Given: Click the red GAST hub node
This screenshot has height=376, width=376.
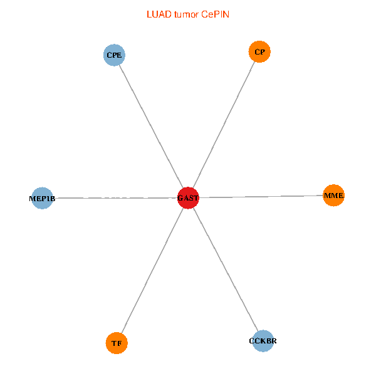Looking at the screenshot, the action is [x=188, y=198].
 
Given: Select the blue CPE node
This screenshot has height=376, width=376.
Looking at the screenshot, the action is [x=114, y=55].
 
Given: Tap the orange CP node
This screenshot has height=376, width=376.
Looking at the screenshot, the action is [x=259, y=51].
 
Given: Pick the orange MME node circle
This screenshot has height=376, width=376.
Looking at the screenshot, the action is [x=333, y=196].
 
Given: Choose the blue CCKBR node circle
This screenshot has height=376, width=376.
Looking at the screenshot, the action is [x=263, y=341].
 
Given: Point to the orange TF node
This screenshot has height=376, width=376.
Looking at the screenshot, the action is [x=117, y=343].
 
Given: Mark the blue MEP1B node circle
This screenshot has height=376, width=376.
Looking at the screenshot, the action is [x=42, y=198].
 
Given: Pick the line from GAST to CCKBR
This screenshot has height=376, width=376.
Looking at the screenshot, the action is [x=226, y=269].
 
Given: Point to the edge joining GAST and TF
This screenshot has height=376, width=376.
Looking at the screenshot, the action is [x=152, y=270].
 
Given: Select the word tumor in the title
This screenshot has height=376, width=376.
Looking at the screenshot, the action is [x=186, y=14].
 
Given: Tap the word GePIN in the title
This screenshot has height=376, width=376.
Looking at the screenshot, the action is [x=215, y=14].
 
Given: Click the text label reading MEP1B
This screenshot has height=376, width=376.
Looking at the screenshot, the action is [x=42, y=199].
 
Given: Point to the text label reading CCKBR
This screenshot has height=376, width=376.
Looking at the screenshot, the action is [x=263, y=341].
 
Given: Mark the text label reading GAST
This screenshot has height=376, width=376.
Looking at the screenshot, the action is [x=188, y=198].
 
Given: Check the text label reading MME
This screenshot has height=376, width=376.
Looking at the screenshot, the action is [x=333, y=196].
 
